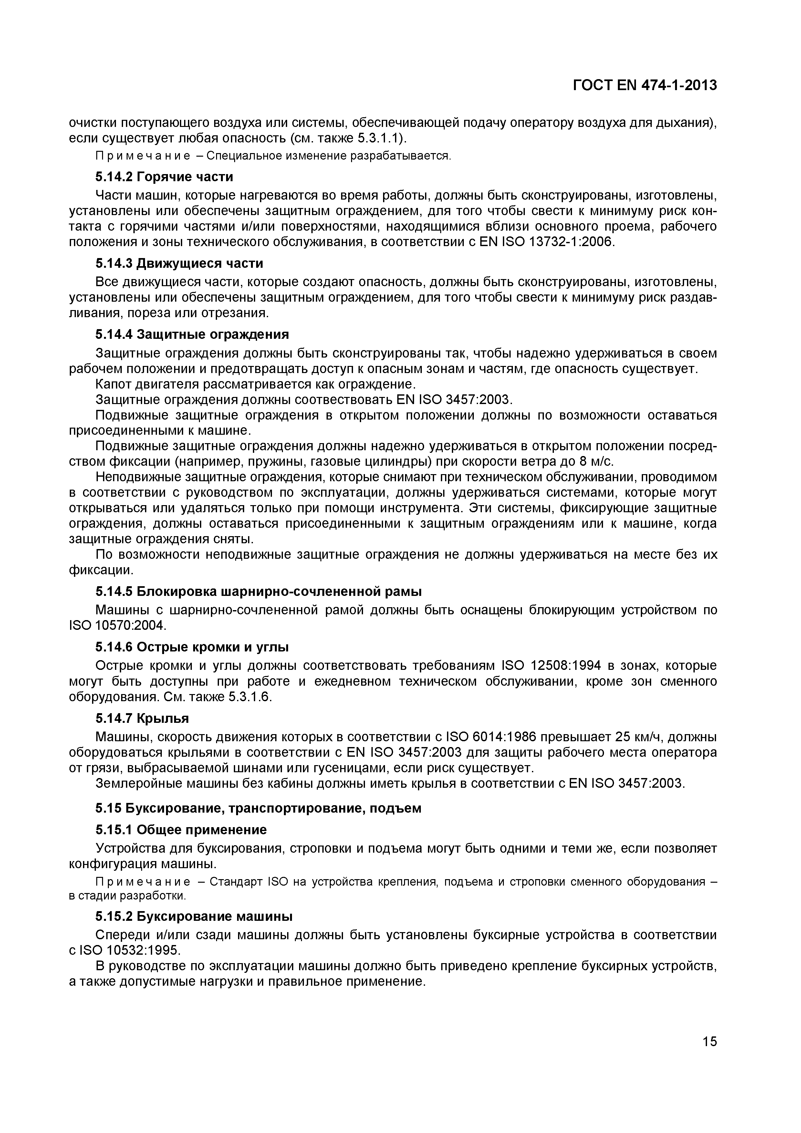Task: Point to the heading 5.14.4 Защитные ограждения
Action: (192, 335)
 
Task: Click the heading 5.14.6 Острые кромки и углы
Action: (192, 647)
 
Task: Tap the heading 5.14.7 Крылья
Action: (142, 718)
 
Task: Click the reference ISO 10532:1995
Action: (130, 951)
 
